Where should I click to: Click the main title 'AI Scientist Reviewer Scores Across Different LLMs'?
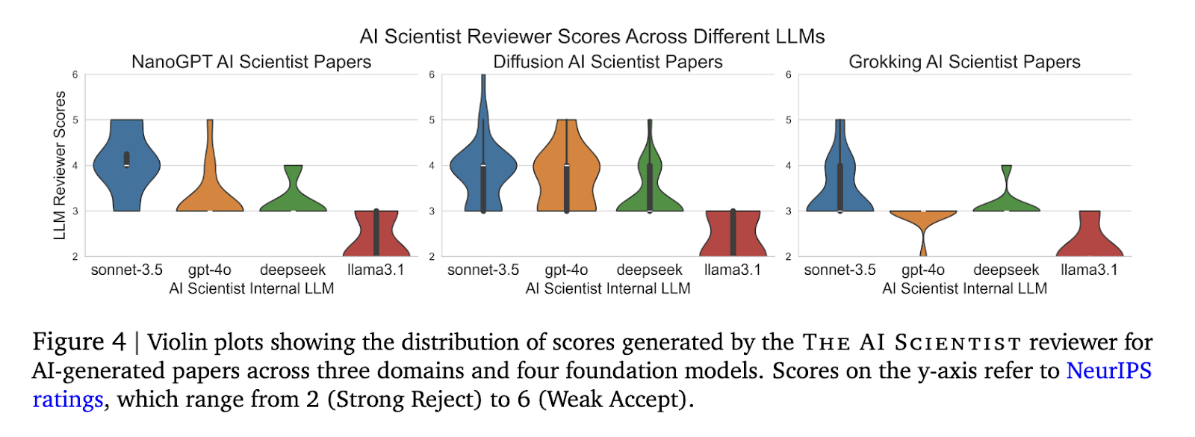[592, 37]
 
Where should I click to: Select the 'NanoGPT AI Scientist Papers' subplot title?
[251, 62]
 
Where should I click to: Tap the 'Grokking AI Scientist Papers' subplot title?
[964, 62]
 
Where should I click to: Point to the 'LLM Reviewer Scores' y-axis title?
[60, 165]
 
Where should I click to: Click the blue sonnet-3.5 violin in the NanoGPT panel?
[126, 165]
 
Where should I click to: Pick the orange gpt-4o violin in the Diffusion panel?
[567, 165]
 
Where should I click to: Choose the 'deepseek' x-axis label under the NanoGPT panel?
[292, 270]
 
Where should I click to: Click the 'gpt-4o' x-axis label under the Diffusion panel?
[566, 270]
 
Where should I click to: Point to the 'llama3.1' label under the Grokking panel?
[1090, 270]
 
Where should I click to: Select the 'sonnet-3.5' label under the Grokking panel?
[839, 270]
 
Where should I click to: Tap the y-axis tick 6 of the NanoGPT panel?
[75, 75]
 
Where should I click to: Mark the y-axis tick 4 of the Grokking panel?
[789, 165]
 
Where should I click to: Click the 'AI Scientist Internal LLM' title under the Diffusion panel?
[608, 288]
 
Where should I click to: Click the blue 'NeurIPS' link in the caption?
[1109, 371]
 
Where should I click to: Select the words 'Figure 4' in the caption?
[79, 341]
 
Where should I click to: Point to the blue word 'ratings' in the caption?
[68, 400]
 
